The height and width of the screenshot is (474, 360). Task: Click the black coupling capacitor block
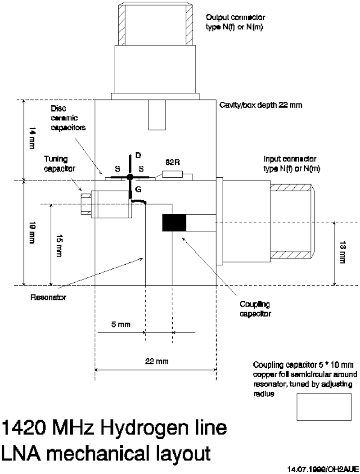pyautogui.click(x=174, y=223)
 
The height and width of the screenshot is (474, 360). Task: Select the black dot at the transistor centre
pyautogui.click(x=130, y=176)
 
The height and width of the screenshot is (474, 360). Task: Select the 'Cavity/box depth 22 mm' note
pyautogui.click(x=260, y=105)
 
